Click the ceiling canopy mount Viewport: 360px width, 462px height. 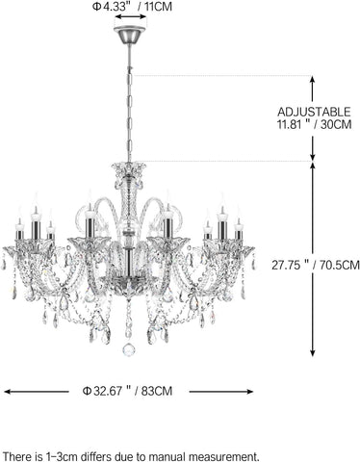click(129, 35)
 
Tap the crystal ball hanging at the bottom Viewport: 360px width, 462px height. click(129, 349)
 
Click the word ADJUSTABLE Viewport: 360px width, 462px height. click(314, 112)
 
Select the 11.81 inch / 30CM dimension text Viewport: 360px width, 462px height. click(315, 124)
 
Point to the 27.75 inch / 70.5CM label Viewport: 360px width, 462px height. click(316, 265)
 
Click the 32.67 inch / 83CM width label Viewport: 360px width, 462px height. click(128, 391)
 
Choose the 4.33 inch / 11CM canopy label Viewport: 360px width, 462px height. click(132, 7)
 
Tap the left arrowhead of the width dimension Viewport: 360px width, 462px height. click(7, 392)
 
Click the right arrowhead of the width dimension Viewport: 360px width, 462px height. click(250, 392)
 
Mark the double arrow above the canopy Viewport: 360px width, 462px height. click(130, 16)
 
